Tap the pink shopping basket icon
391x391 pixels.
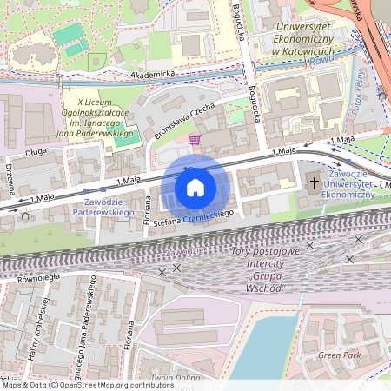click(x=195, y=139)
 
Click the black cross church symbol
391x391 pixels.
click(x=315, y=183)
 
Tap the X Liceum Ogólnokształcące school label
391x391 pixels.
click(x=99, y=120)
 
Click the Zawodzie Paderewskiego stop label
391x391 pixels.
click(x=102, y=205)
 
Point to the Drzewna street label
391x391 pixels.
click(x=10, y=178)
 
